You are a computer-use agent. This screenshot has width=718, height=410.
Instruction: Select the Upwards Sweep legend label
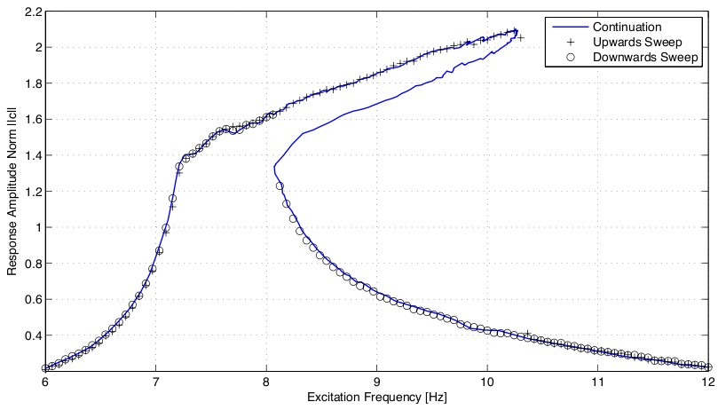642,42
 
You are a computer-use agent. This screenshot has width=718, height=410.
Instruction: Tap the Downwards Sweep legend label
648,58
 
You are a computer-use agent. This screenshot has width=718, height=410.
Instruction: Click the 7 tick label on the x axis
155,382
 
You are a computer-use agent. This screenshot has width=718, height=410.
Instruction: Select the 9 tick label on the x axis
376,382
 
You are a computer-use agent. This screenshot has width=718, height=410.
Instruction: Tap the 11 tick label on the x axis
597,382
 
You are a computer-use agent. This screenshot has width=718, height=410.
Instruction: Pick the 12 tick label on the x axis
707,382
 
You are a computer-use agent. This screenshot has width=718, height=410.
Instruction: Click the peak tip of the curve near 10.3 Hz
517,31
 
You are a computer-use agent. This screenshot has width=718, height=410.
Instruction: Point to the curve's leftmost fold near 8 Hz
273,166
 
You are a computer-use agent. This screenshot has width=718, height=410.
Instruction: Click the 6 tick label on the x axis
44,382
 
